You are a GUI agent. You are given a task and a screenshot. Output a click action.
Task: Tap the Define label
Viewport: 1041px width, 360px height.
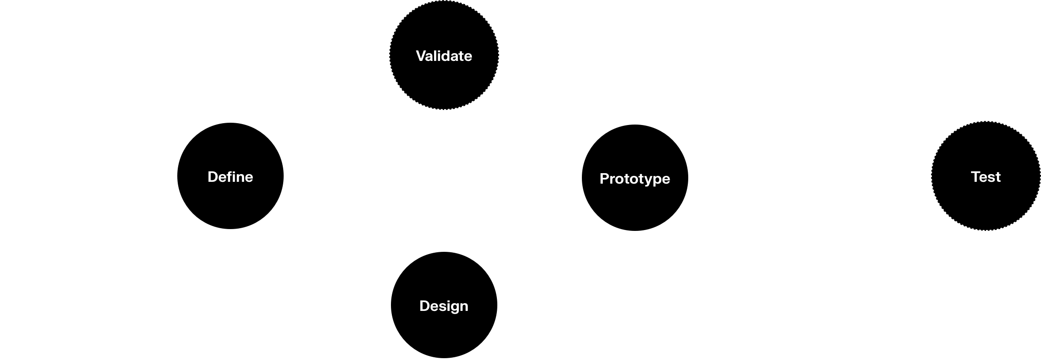(x=230, y=177)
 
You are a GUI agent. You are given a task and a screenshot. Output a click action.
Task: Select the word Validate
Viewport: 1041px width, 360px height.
(x=444, y=56)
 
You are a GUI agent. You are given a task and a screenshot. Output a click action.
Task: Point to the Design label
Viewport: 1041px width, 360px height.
(x=444, y=306)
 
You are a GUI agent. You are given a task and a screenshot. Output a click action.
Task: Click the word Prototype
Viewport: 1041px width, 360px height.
(x=635, y=179)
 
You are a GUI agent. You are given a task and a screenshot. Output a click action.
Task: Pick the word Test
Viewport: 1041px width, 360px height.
(x=986, y=177)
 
